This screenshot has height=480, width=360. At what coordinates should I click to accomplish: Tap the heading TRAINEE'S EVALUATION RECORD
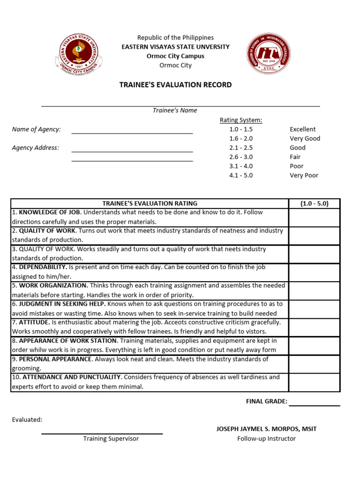click(175, 85)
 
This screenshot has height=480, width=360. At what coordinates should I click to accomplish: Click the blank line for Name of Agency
click(132, 133)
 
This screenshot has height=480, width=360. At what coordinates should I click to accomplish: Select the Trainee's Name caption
click(175, 111)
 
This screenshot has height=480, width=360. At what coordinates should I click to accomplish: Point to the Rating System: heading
click(241, 120)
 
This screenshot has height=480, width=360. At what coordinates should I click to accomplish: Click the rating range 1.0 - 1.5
click(241, 129)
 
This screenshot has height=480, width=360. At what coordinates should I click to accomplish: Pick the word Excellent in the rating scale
click(302, 129)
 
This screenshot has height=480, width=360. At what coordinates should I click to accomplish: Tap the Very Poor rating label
click(304, 175)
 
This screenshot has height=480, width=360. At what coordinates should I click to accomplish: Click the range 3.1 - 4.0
click(241, 166)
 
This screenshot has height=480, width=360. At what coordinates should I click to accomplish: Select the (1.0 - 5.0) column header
click(314, 203)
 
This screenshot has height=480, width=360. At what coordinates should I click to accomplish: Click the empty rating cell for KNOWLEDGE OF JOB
click(314, 217)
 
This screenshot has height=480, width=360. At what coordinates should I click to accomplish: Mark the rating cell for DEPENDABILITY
click(314, 272)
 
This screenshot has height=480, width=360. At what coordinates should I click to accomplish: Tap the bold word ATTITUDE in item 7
click(35, 322)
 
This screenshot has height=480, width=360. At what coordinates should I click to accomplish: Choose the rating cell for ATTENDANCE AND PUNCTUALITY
click(314, 382)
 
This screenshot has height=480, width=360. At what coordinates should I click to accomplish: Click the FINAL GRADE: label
click(266, 401)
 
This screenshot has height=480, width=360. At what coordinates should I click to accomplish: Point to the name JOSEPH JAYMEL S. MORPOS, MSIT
click(266, 429)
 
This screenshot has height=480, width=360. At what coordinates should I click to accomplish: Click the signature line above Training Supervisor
click(102, 433)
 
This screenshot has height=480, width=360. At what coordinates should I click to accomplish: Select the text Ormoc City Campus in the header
click(175, 56)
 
